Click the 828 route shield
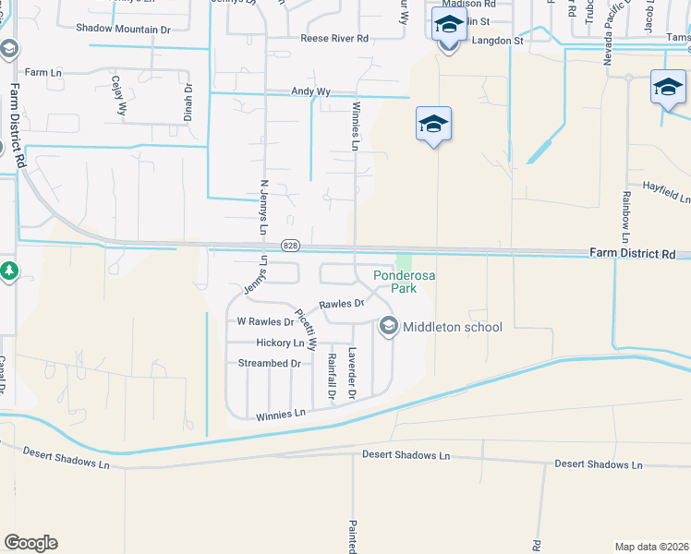[291, 245]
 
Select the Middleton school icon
[388, 326]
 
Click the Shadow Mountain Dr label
[124, 30]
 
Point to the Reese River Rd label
[334, 39]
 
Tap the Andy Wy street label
[310, 91]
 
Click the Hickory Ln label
[280, 343]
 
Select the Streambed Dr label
[270, 363]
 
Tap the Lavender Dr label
[352, 374]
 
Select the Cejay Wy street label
[119, 95]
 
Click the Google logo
[30, 543]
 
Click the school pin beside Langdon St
[449, 28]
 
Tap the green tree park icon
[8, 271]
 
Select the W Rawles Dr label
[265, 322]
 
